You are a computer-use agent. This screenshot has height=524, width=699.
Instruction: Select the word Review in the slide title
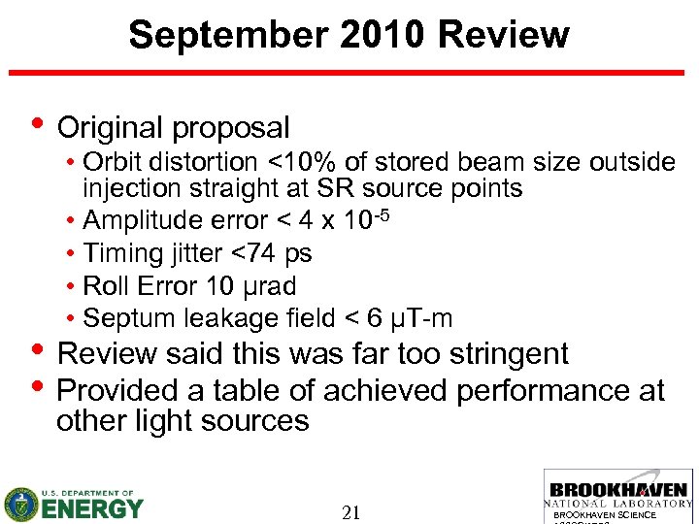504,35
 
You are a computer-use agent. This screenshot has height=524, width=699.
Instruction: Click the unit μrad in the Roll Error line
273,286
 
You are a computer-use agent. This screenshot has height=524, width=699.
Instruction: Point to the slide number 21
351,512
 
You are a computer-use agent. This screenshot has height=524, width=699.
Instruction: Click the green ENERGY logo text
92,508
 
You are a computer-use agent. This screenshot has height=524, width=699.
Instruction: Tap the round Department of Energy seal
20,504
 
